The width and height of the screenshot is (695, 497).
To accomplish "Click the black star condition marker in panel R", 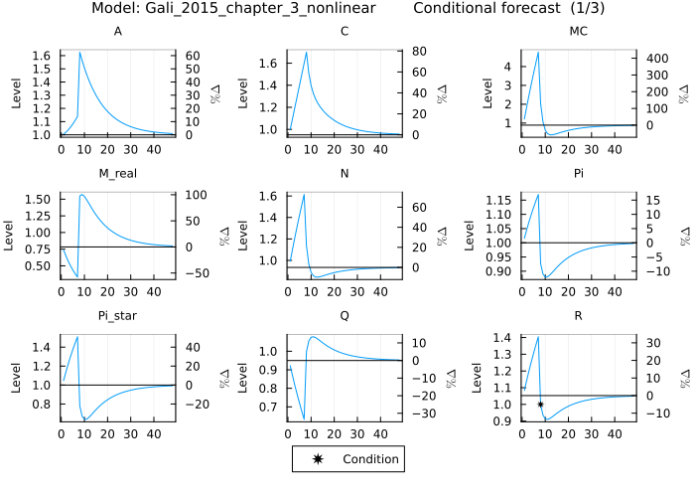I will (540, 405).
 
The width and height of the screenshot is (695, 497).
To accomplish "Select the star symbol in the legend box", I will (316, 459).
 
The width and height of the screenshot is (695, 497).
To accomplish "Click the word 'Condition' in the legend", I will (370, 459).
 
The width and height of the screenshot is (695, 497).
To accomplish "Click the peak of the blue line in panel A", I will (79, 52).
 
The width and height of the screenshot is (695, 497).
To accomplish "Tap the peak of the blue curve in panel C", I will (307, 52).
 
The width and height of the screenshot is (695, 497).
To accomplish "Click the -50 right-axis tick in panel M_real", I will (189, 273).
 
